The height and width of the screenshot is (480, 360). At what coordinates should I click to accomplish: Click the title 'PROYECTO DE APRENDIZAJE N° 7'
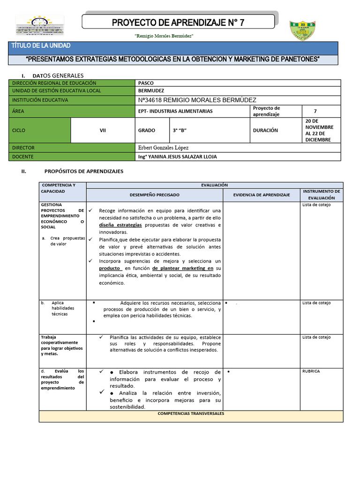178,23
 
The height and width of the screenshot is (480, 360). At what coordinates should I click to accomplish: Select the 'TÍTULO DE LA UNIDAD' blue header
41,46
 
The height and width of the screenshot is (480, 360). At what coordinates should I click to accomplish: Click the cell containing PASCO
146,83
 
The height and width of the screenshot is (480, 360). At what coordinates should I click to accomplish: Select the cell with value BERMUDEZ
151,91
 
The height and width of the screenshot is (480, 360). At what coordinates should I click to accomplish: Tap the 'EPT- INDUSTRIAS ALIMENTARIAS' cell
175,111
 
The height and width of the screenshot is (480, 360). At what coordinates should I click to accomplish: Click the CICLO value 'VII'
103,130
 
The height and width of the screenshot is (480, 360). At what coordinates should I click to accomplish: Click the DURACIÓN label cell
265,130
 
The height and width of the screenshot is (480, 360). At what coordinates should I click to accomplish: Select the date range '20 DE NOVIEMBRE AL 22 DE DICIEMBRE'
319,130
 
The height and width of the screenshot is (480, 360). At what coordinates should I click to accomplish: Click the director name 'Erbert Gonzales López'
163,148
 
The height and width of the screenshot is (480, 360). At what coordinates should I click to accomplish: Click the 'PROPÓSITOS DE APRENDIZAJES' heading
83,172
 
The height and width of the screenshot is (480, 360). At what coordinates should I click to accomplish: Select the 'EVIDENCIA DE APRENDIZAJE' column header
261,195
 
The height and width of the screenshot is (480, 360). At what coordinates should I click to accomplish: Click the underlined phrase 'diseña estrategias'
120,225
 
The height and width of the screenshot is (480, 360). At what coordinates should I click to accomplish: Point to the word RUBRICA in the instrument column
311,371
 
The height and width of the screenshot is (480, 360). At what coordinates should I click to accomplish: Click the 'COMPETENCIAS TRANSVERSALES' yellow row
191,413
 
